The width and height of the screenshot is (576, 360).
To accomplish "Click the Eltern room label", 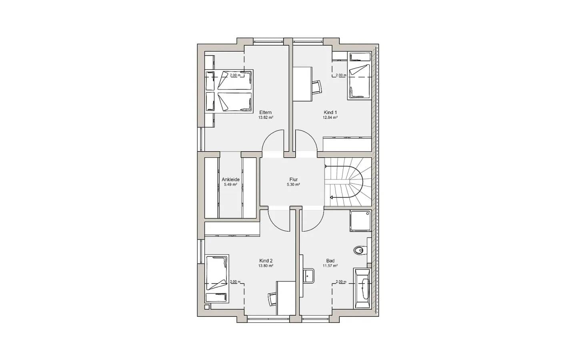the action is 265,112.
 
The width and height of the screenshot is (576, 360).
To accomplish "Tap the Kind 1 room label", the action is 330,112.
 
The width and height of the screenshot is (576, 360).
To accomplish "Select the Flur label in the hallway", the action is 294,180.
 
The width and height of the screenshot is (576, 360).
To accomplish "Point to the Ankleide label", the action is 231,180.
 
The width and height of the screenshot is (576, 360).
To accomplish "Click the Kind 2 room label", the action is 266,261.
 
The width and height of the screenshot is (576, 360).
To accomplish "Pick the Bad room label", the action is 330,261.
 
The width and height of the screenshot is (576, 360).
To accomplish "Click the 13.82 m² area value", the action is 266,118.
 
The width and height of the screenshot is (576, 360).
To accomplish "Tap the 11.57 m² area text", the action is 330,266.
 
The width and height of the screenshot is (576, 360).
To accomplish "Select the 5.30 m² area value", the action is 294,185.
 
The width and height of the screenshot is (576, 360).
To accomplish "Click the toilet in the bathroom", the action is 360,250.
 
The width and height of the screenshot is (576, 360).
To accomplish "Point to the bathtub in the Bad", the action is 362,288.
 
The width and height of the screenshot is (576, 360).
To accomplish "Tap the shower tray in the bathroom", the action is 360,221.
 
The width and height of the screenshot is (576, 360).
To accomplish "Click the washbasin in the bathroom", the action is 308,276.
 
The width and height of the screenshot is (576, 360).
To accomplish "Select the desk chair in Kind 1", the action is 317,88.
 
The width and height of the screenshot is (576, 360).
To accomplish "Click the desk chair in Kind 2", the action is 272,299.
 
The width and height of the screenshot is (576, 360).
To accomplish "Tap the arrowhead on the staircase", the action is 332,198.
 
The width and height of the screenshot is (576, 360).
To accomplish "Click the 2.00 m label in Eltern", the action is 235,75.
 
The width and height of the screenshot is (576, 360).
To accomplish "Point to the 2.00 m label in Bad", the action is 341,282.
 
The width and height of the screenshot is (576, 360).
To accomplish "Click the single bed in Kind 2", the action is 217,279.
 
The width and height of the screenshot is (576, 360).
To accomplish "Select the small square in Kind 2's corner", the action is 207,307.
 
